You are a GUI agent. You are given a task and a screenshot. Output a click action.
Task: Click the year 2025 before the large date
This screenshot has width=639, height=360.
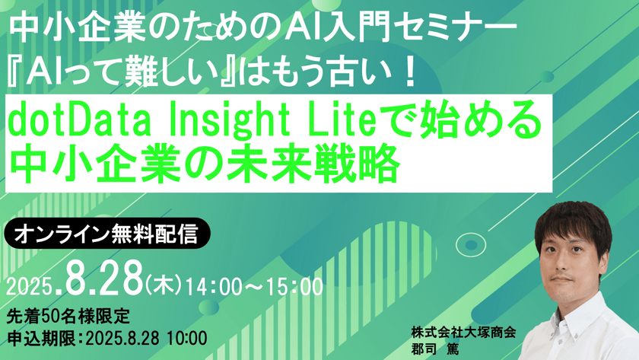point(29,288)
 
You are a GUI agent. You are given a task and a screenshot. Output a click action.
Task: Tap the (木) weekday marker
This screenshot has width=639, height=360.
point(161,288)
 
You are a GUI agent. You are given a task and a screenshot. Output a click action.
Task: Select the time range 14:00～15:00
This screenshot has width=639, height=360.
point(252,288)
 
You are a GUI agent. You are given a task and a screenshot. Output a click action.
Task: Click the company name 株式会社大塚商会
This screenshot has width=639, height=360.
point(462,332)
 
